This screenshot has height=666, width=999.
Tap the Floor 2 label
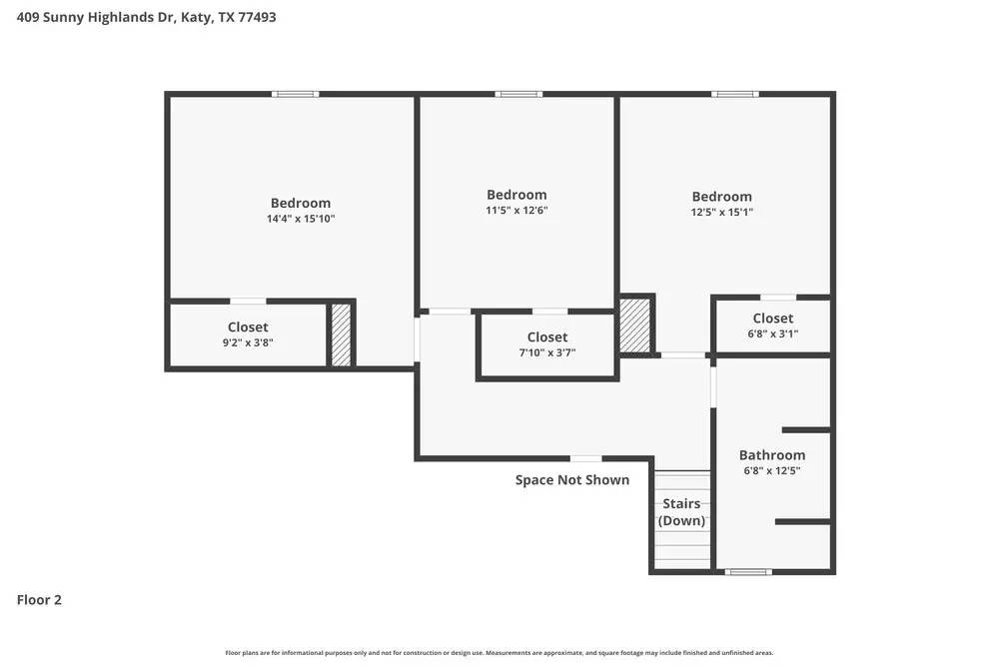pos(39,600)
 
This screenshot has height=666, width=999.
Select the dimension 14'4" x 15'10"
pos(300,218)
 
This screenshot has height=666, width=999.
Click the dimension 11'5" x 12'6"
pos(516,211)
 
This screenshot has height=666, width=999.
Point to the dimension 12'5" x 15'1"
pos(721,212)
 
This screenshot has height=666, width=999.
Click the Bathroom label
pos(771,455)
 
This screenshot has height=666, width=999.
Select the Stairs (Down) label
pos(680,512)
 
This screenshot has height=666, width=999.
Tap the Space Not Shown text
pos(571,480)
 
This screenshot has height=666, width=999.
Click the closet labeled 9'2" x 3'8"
pos(248,334)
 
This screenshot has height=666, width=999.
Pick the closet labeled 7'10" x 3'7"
pos(546,344)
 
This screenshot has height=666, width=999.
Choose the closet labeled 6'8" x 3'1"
pos(772,327)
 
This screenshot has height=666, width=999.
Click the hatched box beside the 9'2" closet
pos(341,334)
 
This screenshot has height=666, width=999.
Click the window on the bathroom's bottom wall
pos(748,572)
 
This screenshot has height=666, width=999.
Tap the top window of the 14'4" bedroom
pos(297,94)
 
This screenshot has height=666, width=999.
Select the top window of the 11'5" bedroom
pos(519,94)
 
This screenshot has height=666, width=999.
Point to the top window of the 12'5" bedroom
pos(734,94)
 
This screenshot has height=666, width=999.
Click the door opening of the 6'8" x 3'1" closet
pos(778,297)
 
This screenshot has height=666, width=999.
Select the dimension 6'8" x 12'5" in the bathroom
pos(771,470)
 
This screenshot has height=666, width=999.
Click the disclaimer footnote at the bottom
pos(499,652)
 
